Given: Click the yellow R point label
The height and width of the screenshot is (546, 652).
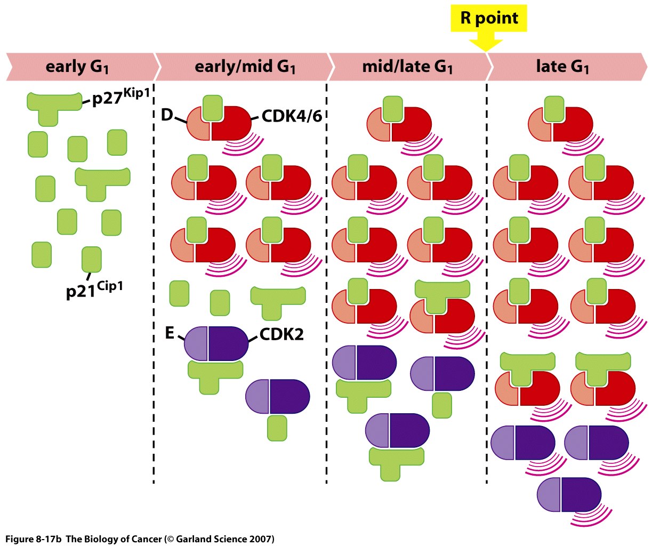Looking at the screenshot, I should click(x=489, y=18).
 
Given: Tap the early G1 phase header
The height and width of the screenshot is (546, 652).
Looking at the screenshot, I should click(x=77, y=67).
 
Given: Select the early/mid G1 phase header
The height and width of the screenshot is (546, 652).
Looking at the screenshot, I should click(x=245, y=67).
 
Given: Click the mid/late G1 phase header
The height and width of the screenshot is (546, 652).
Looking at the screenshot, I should click(x=407, y=67).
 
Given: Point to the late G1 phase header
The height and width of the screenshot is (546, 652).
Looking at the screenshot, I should click(x=562, y=67).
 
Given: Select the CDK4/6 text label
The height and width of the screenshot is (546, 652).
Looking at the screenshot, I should click(x=292, y=116).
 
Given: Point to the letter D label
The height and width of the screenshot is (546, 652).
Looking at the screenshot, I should click(x=167, y=115).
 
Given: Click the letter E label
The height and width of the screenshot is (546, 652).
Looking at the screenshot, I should click(x=170, y=333).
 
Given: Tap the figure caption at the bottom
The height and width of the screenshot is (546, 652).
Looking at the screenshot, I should click(x=140, y=539).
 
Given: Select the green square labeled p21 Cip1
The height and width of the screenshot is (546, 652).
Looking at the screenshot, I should click(x=91, y=259).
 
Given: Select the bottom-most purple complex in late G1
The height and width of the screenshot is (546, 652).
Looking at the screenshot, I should click(x=569, y=495).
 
